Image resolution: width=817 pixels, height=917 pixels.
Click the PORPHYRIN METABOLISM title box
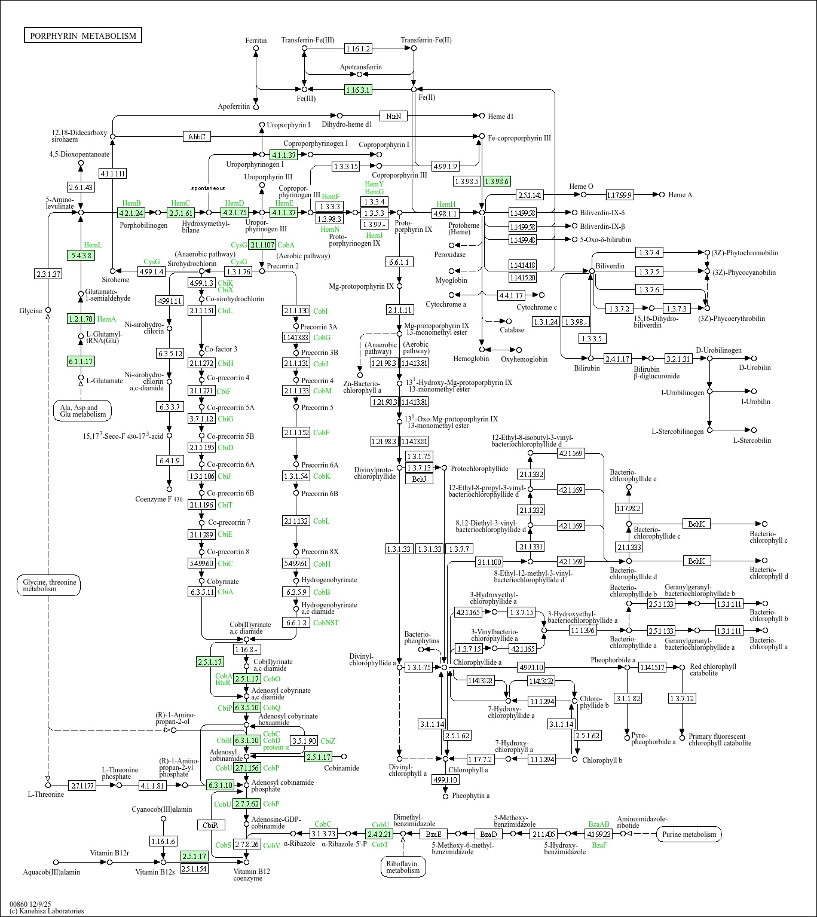[83, 36]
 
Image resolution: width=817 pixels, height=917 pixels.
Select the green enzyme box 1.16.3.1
[358, 90]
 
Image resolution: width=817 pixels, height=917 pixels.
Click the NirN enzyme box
[393, 116]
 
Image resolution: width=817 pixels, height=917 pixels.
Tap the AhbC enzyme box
[197, 136]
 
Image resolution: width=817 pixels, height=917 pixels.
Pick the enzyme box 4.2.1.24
[131, 212]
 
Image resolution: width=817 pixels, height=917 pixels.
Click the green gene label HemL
[93, 245]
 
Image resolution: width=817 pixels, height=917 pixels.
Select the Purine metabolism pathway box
[689, 834]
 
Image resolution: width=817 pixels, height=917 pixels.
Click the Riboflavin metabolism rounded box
[403, 867]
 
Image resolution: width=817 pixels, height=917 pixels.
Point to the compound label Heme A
[680, 194]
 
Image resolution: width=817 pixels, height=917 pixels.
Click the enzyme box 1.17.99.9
[620, 195]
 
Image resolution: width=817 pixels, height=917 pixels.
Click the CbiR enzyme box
[210, 825]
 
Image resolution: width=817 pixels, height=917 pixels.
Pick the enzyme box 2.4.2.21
[379, 834]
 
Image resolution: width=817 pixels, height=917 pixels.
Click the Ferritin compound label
[256, 41]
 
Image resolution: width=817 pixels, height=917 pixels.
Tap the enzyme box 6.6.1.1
[399, 262]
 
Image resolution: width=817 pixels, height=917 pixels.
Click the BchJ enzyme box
[419, 479]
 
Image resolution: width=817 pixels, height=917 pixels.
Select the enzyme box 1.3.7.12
[682, 698]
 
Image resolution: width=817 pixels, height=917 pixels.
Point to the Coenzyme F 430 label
[159, 499]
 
